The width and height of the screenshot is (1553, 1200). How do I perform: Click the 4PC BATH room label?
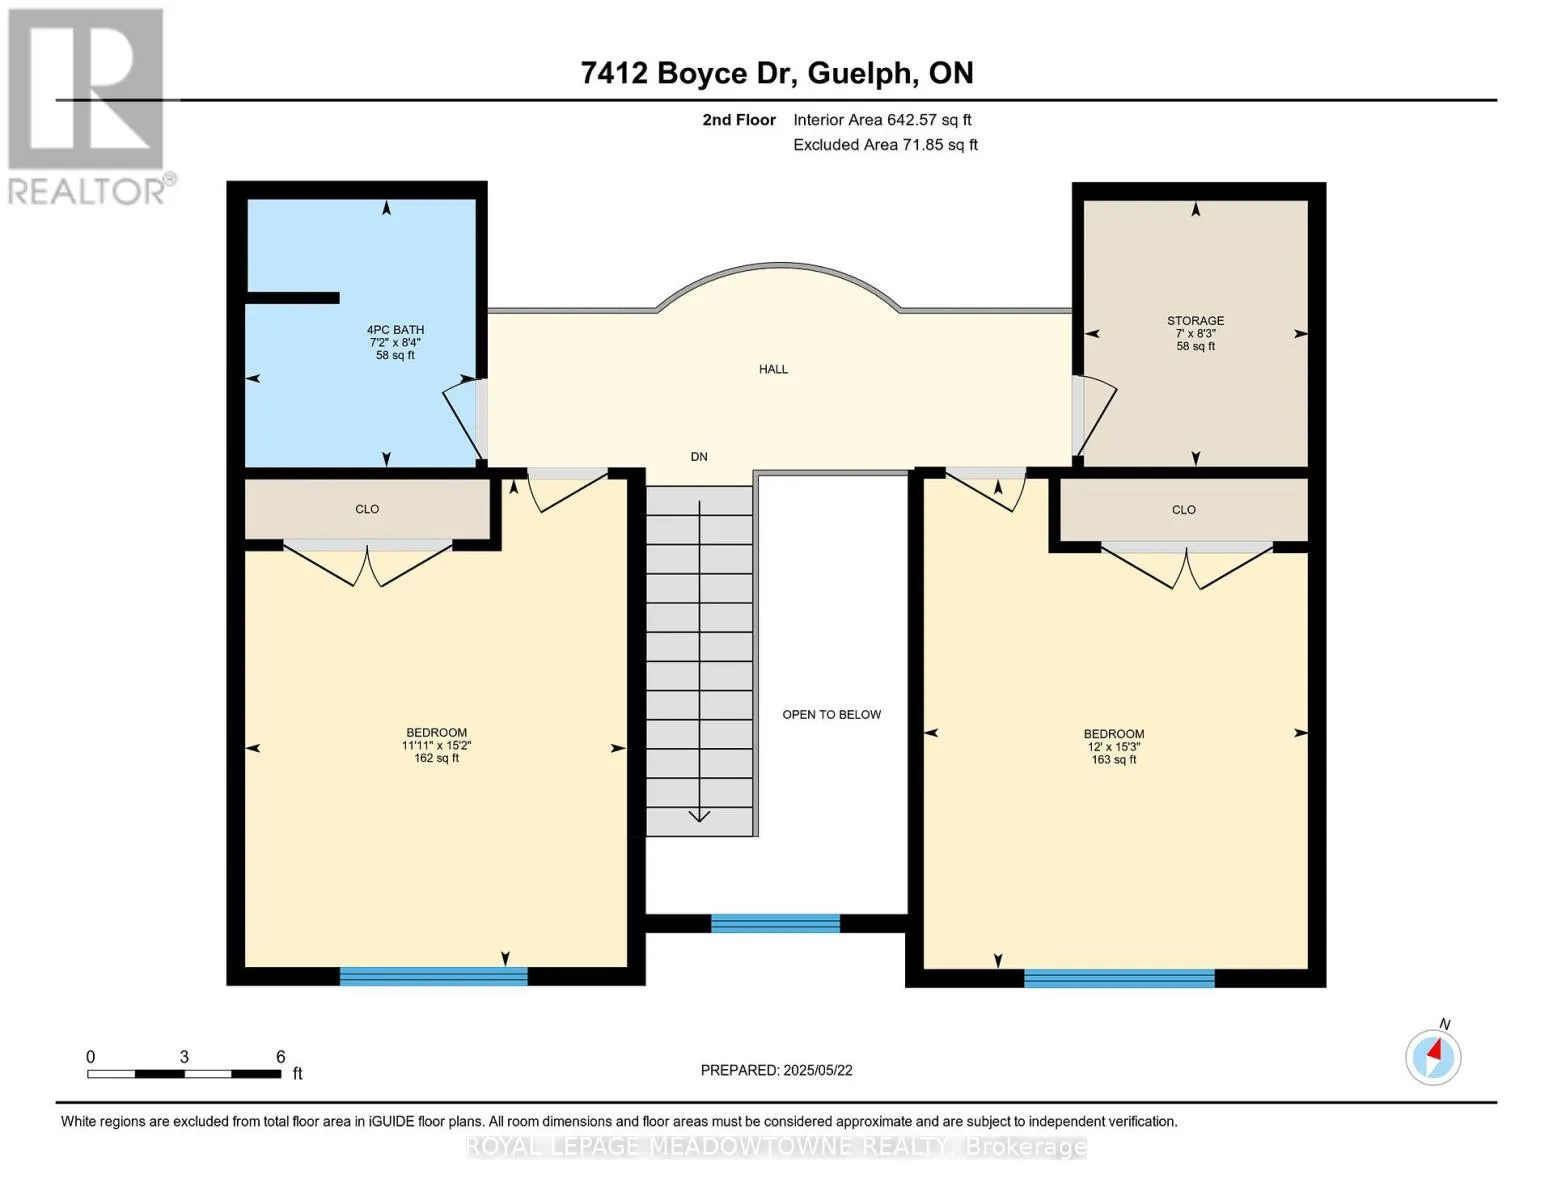click(395, 329)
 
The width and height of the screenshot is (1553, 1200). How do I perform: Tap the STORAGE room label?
click(1196, 320)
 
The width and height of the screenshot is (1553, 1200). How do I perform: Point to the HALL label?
click(773, 369)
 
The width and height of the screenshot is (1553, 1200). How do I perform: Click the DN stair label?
click(699, 457)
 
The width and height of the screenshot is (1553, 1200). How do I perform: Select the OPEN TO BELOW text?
click(832, 714)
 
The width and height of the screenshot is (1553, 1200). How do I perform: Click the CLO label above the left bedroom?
click(367, 509)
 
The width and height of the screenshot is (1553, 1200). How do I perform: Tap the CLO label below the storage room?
click(1184, 510)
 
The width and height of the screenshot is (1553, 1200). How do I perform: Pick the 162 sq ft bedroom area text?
click(437, 758)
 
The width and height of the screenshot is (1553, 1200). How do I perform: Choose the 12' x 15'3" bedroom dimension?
click(1114, 746)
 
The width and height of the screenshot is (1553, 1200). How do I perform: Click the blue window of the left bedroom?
click(434, 976)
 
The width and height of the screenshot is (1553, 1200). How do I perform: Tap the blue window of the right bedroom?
click(1119, 978)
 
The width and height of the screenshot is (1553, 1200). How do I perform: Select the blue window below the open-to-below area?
click(775, 923)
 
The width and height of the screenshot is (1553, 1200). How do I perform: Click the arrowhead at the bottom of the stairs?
click(699, 816)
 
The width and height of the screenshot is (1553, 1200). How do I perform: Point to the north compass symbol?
click(1433, 1058)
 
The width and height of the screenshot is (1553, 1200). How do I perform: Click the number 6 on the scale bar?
click(281, 1056)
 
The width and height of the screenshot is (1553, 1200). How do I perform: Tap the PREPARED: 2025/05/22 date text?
click(777, 1070)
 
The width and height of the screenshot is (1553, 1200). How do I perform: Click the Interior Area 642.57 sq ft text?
click(883, 120)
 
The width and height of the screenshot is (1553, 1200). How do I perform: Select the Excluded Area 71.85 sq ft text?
click(885, 144)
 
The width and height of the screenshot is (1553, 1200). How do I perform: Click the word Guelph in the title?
click(863, 73)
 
